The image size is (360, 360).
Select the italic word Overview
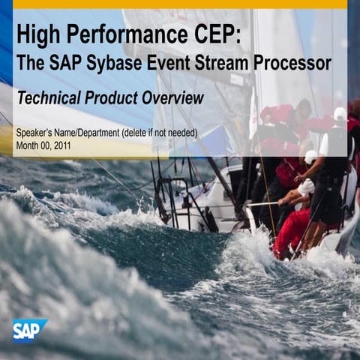click(175, 98)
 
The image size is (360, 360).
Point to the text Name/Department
click(88, 133)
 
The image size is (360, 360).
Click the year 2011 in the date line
click(61, 145)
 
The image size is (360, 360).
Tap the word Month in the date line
click(26, 145)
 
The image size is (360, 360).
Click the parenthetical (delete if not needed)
click(162, 133)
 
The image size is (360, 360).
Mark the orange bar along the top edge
click(180, 4)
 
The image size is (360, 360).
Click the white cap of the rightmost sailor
click(340, 114)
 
